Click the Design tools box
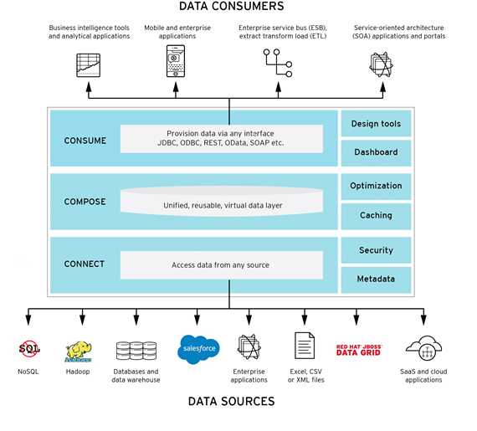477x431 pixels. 376,124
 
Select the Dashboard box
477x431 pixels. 376,153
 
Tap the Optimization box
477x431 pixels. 376,187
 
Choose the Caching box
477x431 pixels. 376,216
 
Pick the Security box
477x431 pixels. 376,250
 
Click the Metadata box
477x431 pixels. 376,280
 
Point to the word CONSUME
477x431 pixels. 85,141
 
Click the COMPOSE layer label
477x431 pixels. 85,202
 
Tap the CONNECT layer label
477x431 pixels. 85,264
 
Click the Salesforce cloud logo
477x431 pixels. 198,349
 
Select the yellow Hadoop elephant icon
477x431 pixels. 78,351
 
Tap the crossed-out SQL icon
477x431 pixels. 29,349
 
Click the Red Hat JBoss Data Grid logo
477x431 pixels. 359,350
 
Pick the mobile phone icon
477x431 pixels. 176,61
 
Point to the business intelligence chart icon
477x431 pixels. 88,65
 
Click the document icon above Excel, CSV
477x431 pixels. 305,346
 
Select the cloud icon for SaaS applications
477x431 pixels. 424,347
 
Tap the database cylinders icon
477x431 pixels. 136,351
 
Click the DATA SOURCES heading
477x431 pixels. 232,402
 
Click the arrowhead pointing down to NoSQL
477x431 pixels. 28,320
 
